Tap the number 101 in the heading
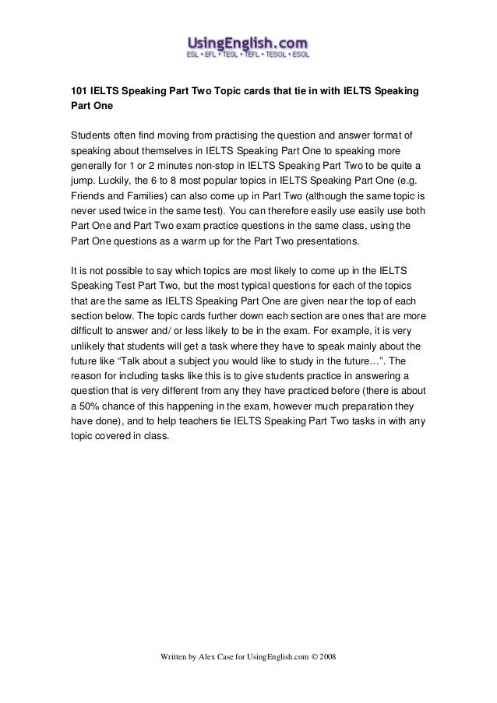(x=79, y=92)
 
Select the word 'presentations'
(x=324, y=241)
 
